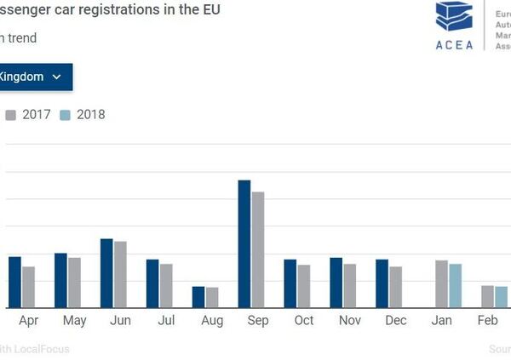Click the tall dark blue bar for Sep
coord(244,244)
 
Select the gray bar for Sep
coord(258,249)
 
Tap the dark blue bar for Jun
coord(106,273)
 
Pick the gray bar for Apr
coord(29,287)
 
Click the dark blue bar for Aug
coord(198,297)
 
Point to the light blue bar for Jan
coord(456,286)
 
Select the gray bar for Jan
coord(441,284)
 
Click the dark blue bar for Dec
coord(382,283)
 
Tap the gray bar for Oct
coord(304,286)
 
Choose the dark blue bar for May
coord(60,280)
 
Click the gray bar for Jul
coord(166,286)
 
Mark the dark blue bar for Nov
coord(336,283)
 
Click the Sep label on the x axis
coord(258,321)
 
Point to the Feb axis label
coord(487,321)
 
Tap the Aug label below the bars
coord(212,321)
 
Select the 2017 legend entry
coord(30,114)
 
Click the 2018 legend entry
coord(83,114)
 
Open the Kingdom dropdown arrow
coord(57,77)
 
